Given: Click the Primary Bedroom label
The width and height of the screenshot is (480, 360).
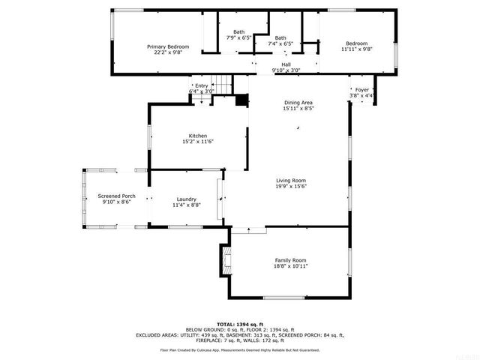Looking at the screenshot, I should [x=167, y=46].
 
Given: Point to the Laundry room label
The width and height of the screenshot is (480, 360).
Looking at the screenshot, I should [x=186, y=199].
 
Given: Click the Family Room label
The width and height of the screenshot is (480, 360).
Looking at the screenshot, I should [x=290, y=259].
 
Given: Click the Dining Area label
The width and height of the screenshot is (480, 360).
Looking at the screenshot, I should [x=298, y=103].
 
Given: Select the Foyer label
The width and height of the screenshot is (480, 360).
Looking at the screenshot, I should [x=361, y=90].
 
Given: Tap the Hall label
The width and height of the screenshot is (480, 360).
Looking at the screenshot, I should [x=286, y=64].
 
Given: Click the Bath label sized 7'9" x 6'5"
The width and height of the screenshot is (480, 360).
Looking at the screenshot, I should [x=238, y=31].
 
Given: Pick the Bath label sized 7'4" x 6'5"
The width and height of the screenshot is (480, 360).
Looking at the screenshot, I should [x=280, y=38].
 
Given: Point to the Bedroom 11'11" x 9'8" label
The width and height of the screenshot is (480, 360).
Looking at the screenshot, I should [x=356, y=43].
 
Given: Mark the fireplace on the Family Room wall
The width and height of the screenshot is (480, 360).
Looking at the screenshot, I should [x=223, y=259].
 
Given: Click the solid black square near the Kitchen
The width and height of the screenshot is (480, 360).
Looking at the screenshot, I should [x=241, y=100].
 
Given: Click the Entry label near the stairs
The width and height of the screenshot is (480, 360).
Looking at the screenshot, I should [x=202, y=85].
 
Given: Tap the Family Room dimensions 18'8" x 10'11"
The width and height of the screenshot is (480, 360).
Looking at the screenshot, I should [x=290, y=265].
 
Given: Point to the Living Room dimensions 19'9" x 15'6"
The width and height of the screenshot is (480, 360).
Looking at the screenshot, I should [x=291, y=185].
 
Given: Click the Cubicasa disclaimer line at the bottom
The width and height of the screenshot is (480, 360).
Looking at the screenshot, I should [x=240, y=350].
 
